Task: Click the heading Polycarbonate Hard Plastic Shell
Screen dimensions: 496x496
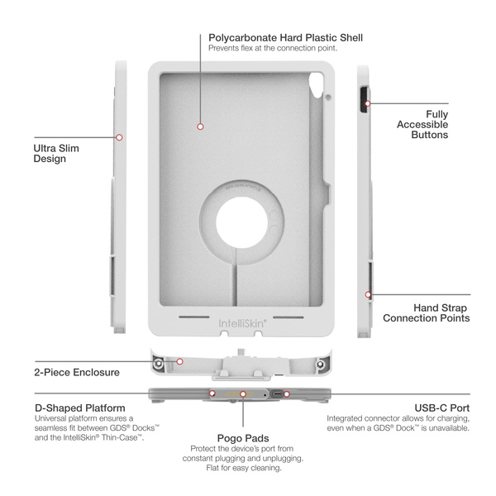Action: tap(285, 37)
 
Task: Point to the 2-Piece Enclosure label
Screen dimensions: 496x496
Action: tap(77, 372)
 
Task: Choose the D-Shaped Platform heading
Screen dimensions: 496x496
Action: tap(80, 408)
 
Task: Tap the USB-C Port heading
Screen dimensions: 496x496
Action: tap(442, 408)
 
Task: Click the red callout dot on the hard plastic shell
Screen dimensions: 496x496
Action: tap(200, 126)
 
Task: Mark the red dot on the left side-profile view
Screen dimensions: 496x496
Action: tap(120, 137)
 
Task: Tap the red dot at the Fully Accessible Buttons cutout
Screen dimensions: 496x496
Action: tap(368, 103)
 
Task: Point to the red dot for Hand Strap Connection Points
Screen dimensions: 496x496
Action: tap(368, 293)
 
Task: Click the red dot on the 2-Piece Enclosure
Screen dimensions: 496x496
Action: tap(179, 361)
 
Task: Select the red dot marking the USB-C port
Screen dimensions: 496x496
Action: tap(287, 393)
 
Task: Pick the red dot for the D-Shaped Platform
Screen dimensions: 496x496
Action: tap(212, 393)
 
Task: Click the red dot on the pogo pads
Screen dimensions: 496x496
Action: tap(242, 394)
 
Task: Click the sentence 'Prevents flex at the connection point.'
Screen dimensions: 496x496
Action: tap(272, 48)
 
